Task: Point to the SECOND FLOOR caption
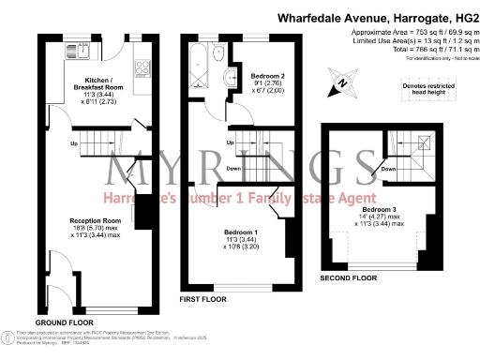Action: pyautogui.click(x=350, y=277)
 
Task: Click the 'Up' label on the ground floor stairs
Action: pyautogui.click(x=74, y=143)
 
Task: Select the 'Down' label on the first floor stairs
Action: pyautogui.click(x=233, y=170)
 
